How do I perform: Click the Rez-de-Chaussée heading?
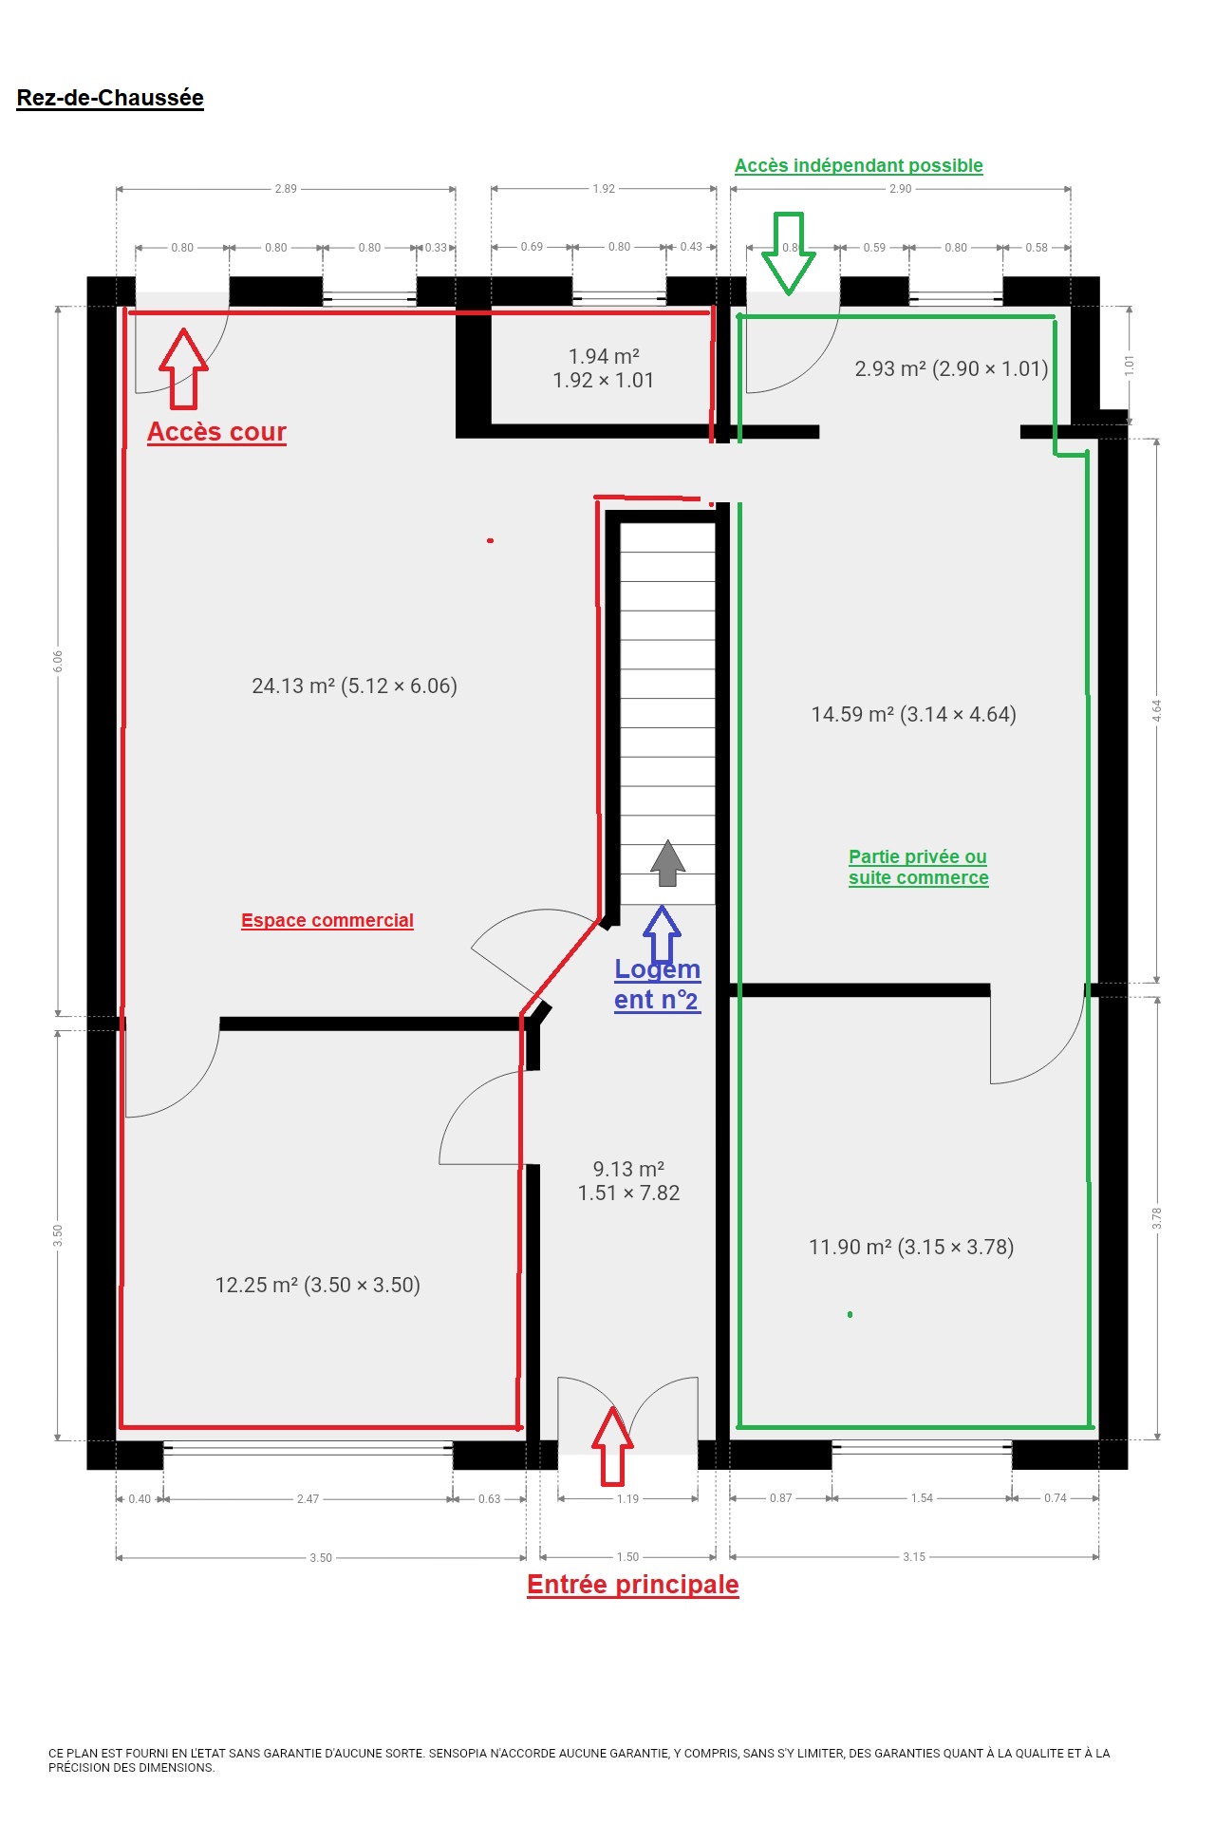coord(110,98)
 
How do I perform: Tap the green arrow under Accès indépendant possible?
coord(789,253)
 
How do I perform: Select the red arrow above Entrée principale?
coord(612,1446)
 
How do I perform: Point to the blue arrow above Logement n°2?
coord(662,934)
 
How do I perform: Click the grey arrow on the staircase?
coord(667,863)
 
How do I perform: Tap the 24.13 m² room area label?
coord(354,686)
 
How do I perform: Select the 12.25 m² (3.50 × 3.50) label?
coord(317,1285)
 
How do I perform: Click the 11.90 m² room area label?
coord(911,1247)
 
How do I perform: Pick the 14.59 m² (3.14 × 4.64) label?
coord(913,714)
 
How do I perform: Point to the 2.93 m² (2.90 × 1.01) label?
coord(951,368)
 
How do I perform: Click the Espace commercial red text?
coord(327,920)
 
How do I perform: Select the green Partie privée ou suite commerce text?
coord(919,867)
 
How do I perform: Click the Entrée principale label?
coord(633,1585)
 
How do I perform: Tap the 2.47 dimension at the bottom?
coord(308,1499)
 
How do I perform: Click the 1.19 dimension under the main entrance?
coord(627,1499)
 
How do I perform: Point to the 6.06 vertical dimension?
coord(58,662)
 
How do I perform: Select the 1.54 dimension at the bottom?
coord(922,1498)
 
